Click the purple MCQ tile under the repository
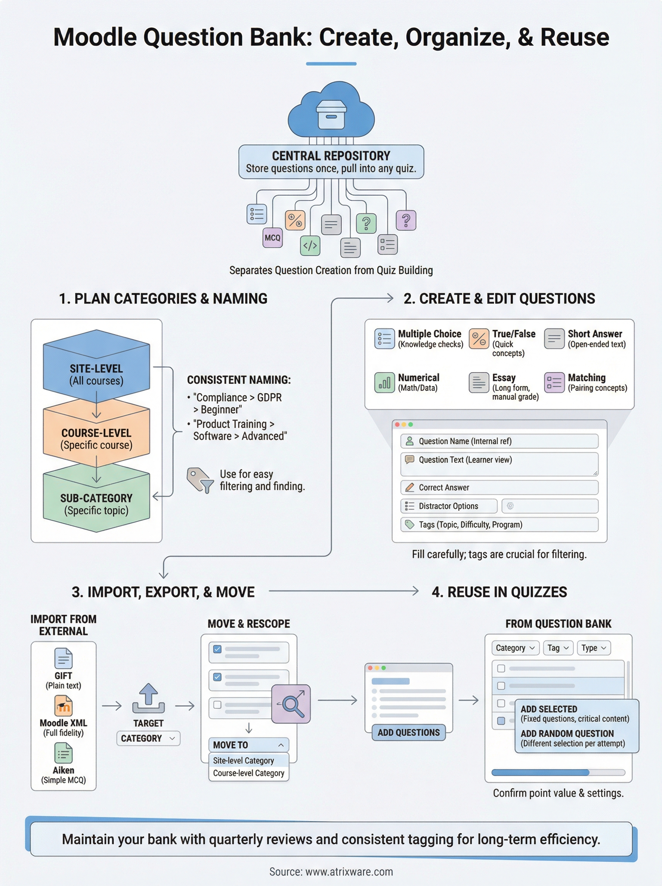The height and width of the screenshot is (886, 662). [273, 238]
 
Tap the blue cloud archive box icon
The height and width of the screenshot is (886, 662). [331, 114]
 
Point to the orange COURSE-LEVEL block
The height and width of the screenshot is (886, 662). [96, 435]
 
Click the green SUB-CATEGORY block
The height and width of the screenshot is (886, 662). [96, 501]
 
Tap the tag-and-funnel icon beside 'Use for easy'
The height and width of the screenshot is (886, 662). [199, 480]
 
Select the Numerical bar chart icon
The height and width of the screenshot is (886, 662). [384, 382]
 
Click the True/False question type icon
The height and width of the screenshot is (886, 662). [479, 339]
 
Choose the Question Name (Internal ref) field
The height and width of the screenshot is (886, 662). [499, 441]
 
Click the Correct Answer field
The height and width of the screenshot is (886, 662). [499, 487]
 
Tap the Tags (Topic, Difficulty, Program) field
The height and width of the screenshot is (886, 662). [499, 525]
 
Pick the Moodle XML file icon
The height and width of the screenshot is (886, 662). [63, 705]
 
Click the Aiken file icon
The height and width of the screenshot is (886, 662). [63, 753]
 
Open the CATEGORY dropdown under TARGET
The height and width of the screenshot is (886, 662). [148, 738]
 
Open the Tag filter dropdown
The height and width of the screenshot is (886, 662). [558, 648]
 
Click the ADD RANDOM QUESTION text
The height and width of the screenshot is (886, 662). [567, 734]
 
